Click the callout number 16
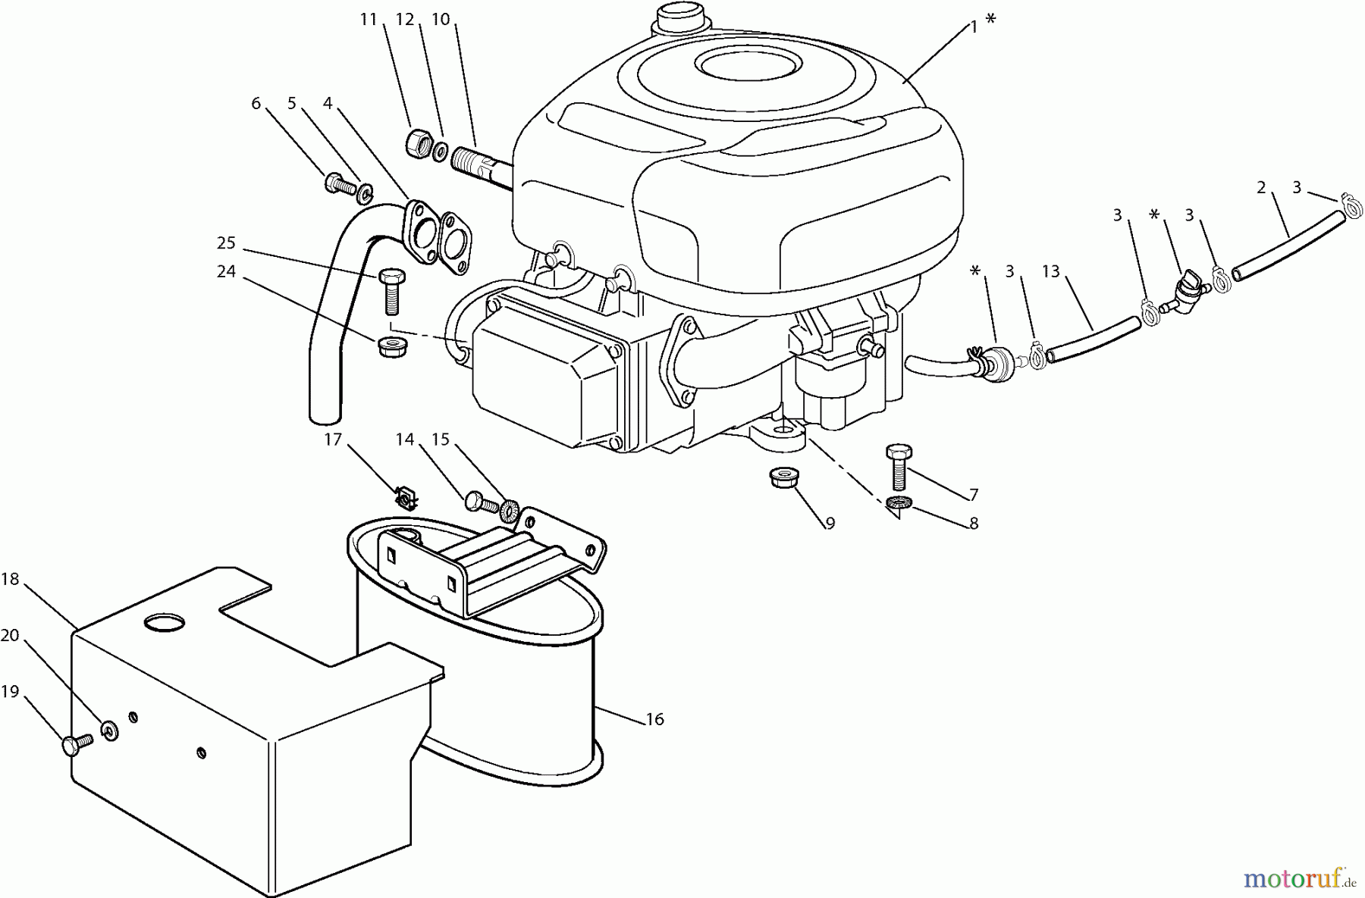pos(654,719)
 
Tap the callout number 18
pos(10,580)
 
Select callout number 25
pos(226,244)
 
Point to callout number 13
pos(1050,271)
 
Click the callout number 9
pos(830,524)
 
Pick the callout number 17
pos(333,440)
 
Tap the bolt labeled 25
pos(389,292)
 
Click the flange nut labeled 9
pos(782,479)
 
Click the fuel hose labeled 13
pos(1092,339)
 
